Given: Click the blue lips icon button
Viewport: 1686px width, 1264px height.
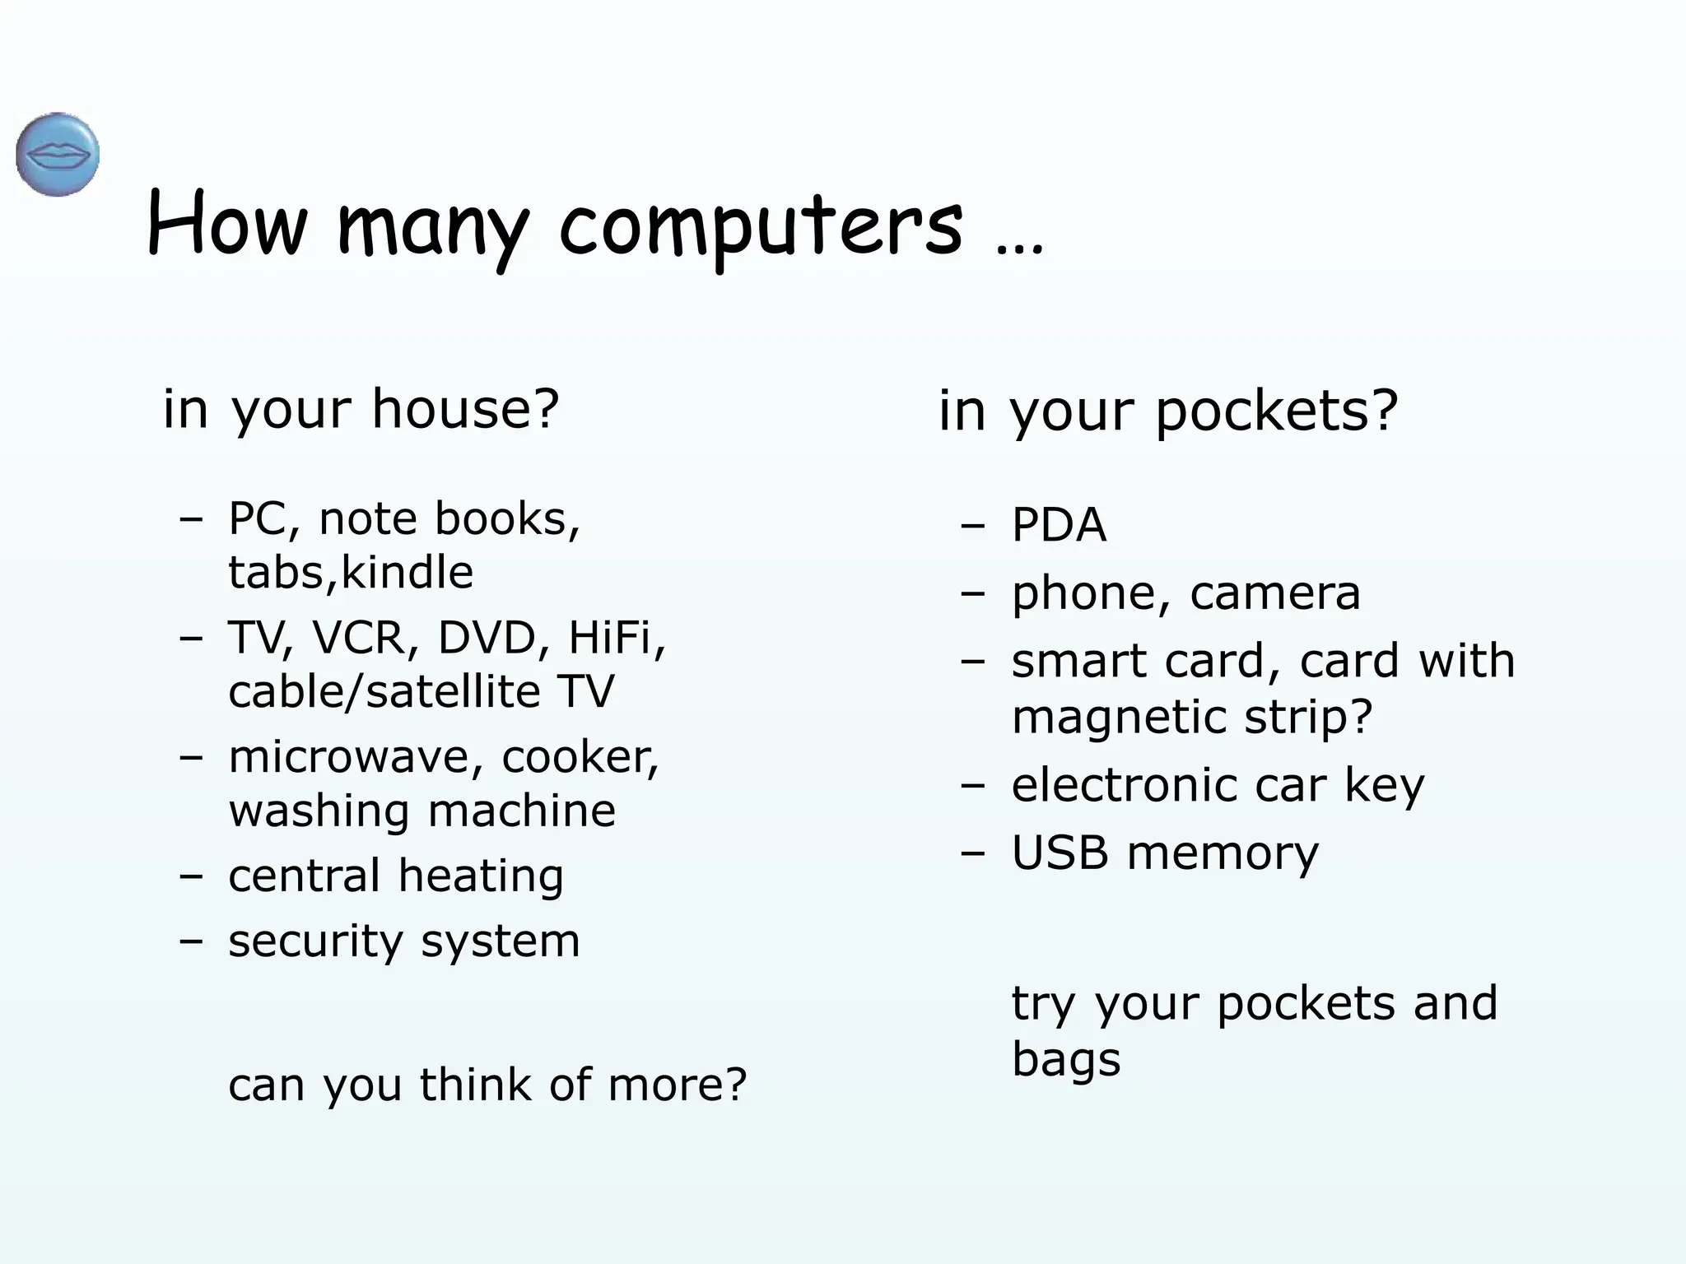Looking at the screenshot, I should tap(58, 155).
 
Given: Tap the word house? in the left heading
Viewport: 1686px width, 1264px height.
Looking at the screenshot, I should tap(465, 409).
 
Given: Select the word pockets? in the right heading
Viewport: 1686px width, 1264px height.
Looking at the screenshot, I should tap(1277, 411).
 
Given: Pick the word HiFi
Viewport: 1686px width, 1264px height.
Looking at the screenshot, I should tap(614, 638).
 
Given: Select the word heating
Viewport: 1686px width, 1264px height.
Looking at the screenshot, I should tap(481, 876).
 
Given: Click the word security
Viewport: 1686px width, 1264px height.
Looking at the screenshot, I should tap(314, 942).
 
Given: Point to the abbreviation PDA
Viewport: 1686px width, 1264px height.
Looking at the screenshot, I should tap(1059, 525).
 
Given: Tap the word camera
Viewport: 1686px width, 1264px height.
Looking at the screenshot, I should tap(1275, 593).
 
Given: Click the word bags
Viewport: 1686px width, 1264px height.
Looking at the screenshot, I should tap(1065, 1060).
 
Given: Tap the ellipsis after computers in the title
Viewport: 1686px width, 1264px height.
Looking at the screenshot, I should tap(1019, 247).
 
